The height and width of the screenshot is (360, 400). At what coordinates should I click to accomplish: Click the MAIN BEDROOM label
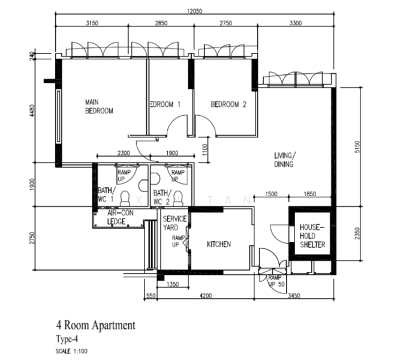tap(99, 106)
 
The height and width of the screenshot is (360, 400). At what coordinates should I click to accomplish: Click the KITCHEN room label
tap(219, 244)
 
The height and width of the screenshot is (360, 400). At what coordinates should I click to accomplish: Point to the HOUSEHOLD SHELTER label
tap(312, 236)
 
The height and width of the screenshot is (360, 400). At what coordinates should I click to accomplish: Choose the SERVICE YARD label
tap(175, 223)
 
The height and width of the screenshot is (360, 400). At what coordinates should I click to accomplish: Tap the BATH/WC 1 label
tap(105, 196)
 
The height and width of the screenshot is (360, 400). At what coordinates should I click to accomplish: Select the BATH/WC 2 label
tap(162, 197)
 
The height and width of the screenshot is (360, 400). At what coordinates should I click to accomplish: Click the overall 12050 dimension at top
tap(193, 11)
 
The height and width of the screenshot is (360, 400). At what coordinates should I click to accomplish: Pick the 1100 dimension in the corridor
tap(204, 146)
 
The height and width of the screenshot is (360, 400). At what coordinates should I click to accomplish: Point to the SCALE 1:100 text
tap(72, 350)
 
